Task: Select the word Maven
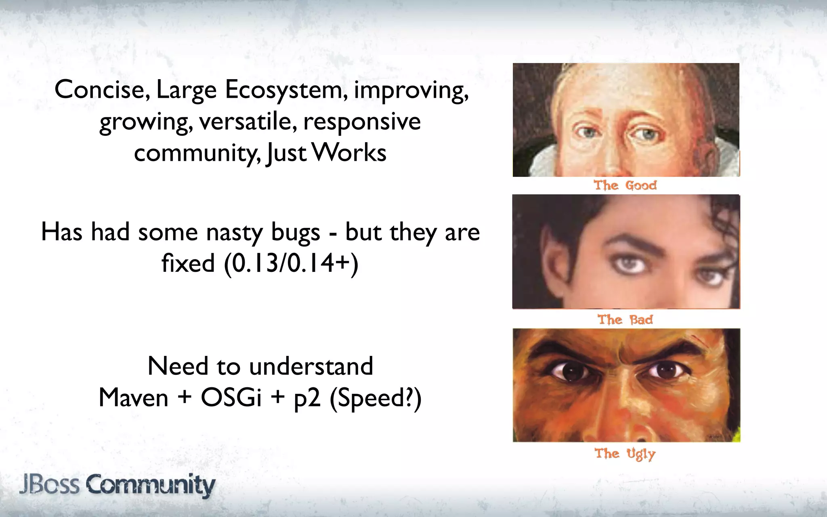pyautogui.click(x=133, y=398)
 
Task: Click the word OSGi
pyautogui.click(x=231, y=398)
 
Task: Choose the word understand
pyautogui.click(x=311, y=366)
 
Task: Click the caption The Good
pyautogui.click(x=625, y=185)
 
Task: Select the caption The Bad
pyautogui.click(x=625, y=320)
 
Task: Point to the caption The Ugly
pyautogui.click(x=625, y=454)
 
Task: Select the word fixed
pyautogui.click(x=188, y=264)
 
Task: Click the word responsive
pyautogui.click(x=362, y=122)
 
